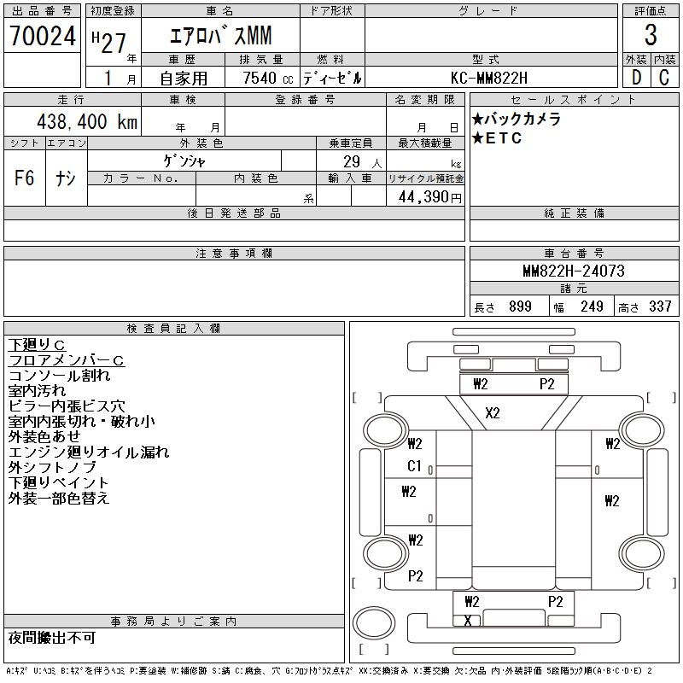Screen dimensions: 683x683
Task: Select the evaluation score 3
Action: click(651, 37)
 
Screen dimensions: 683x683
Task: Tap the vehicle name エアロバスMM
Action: click(216, 37)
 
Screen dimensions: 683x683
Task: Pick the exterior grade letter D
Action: click(636, 78)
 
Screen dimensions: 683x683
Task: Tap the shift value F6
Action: click(25, 178)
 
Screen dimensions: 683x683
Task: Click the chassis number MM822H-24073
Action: click(574, 271)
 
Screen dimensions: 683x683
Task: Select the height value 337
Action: click(661, 306)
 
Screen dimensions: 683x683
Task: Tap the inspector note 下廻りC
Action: click(37, 344)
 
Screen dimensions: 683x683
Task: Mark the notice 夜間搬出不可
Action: click(52, 638)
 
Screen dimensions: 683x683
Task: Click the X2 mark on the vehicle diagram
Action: click(493, 413)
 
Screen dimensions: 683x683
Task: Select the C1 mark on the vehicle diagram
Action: click(415, 466)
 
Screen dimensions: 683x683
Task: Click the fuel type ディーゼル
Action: click(332, 78)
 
